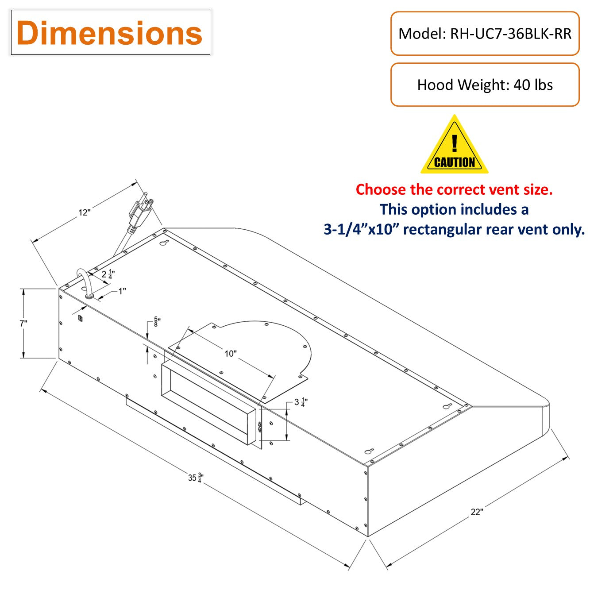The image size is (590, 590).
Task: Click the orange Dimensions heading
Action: click(109, 33)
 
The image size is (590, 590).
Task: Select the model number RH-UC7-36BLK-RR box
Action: click(485, 34)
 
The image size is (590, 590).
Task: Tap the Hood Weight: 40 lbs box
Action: click(485, 85)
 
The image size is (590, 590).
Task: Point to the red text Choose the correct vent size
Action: click(454, 189)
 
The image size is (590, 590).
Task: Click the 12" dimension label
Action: click(84, 212)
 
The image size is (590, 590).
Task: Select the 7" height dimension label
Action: click(23, 324)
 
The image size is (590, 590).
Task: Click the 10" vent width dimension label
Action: click(230, 353)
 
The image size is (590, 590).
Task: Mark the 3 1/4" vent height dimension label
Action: click(301, 402)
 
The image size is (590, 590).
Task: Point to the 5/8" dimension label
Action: click(157, 322)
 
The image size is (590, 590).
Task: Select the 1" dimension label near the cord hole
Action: click(122, 291)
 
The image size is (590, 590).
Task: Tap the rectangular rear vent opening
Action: click(208, 403)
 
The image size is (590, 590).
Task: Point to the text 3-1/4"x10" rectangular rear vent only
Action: click(454, 229)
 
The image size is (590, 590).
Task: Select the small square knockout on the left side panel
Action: click(80, 318)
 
